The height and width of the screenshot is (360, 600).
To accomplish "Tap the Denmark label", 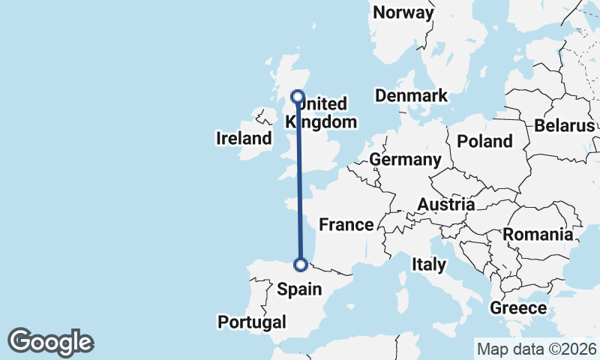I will tap(412, 96).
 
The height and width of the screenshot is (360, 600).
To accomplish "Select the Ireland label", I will tap(244, 138).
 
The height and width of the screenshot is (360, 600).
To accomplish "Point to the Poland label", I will tap(484, 141).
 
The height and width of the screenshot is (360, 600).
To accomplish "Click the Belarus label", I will tap(564, 126).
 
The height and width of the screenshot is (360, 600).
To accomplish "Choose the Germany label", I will tap(405, 160).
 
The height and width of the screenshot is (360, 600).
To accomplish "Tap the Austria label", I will tap(445, 205).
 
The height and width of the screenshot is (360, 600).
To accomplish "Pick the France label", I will tap(346, 224).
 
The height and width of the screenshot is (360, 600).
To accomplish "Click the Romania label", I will tap(538, 235).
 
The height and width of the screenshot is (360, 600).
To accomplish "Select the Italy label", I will tap(429, 264).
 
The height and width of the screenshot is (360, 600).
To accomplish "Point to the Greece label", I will tap(518, 308).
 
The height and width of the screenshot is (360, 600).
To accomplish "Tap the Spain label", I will tap(300, 289).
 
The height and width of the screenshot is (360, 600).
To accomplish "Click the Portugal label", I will tap(252, 322).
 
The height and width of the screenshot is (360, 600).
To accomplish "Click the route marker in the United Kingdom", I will tap(298, 97).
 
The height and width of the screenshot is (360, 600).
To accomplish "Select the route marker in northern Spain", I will tap(301, 264).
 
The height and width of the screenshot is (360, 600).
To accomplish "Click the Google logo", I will tap(50, 342).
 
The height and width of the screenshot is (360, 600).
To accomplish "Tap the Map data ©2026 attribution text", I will tap(536, 349).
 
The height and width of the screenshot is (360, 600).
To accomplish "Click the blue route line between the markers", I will tap(299, 180).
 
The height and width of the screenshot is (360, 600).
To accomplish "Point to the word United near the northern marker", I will tap(324, 104).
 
